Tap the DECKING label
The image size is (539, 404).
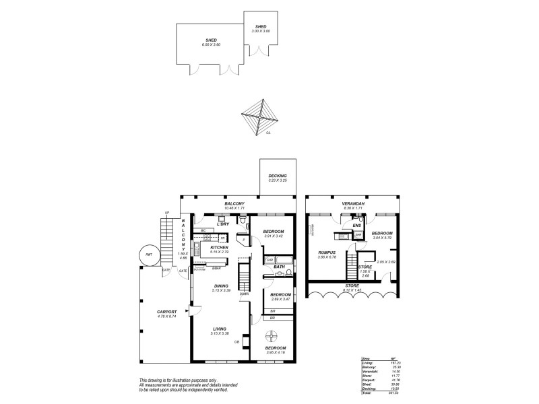click(278, 176)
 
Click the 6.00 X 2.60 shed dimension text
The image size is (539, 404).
click(211, 44)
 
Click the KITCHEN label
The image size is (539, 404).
click(219, 247)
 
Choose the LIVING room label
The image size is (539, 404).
click(219, 329)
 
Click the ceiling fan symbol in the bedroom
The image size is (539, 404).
click(272, 337)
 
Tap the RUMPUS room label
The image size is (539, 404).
click(327, 253)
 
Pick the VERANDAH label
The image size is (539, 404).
click(352, 203)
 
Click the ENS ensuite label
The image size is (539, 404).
click(366, 225)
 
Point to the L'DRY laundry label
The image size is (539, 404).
click(224, 224)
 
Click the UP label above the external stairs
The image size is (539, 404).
click(166, 213)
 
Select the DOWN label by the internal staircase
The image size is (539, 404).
click(244, 294)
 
